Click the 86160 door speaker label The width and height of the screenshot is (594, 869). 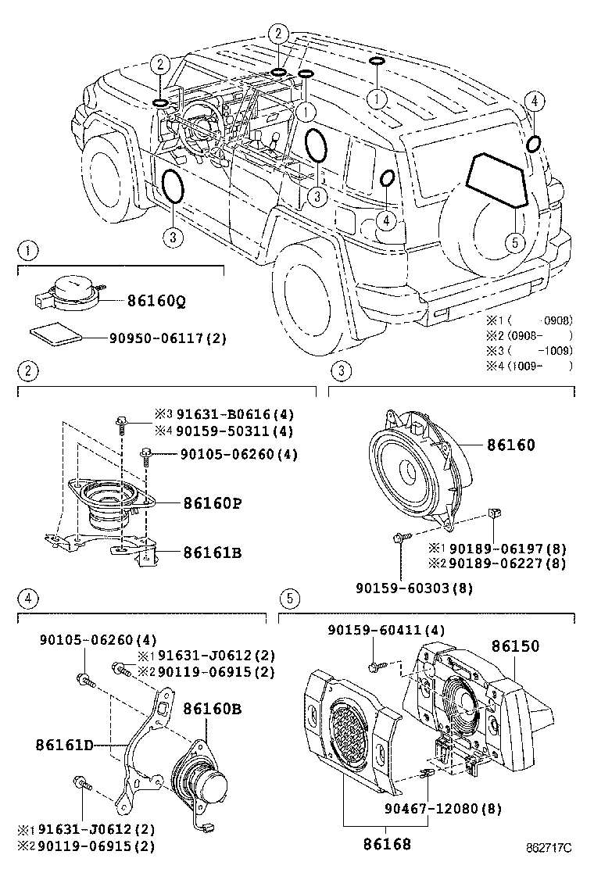pos(510,445)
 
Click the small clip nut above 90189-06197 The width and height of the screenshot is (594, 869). pos(494,513)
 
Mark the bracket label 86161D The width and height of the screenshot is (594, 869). pos(64,744)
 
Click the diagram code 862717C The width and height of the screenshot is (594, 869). pos(549,847)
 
